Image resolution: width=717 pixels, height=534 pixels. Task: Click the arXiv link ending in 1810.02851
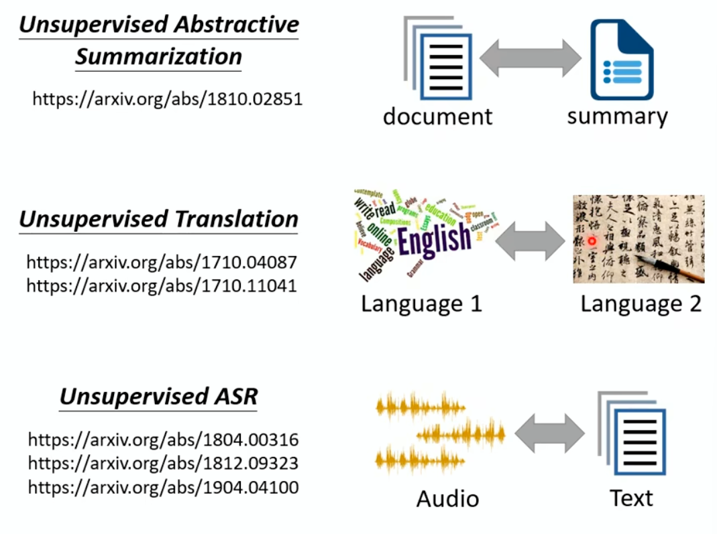[x=168, y=99]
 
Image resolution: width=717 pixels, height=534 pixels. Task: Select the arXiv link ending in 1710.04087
[x=162, y=261]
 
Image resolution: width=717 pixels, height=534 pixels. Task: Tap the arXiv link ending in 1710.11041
[x=162, y=285]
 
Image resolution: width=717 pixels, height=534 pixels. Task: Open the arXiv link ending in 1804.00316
[x=163, y=440]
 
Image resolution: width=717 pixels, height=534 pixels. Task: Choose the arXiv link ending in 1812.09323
[x=163, y=463]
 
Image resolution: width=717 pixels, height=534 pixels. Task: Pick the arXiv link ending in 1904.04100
[x=163, y=487]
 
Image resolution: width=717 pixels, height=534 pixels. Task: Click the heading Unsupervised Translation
[x=158, y=219]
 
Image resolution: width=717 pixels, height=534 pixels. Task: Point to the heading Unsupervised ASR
[x=158, y=397]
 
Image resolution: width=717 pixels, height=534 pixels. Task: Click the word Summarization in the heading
[x=158, y=56]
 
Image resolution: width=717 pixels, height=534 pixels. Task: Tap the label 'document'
[x=437, y=116]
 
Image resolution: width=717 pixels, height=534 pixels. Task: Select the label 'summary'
[x=617, y=116]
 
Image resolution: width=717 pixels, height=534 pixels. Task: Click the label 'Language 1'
[x=421, y=304]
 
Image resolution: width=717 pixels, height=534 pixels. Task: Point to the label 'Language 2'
[x=641, y=304]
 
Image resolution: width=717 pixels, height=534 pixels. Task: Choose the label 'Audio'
[x=447, y=498]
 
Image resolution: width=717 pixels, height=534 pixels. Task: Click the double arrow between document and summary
[x=531, y=59]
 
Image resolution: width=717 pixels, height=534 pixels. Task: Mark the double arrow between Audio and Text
[x=549, y=433]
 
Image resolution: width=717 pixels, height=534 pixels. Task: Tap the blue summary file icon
[x=621, y=60]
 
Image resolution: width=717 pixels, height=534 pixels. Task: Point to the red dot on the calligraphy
[x=592, y=241]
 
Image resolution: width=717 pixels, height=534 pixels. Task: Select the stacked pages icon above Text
[x=633, y=436]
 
